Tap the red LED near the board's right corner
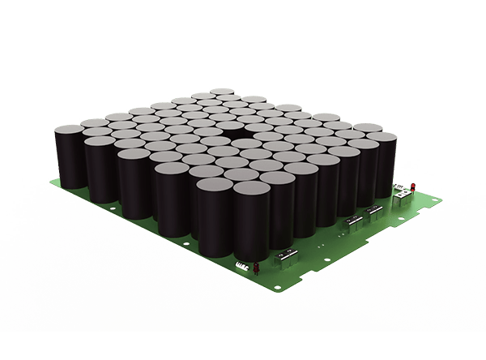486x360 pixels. pyautogui.click(x=413, y=187)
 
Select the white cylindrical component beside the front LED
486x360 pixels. pyautogui.click(x=241, y=265)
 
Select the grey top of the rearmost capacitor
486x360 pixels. pyautogui.click(x=222, y=92)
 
